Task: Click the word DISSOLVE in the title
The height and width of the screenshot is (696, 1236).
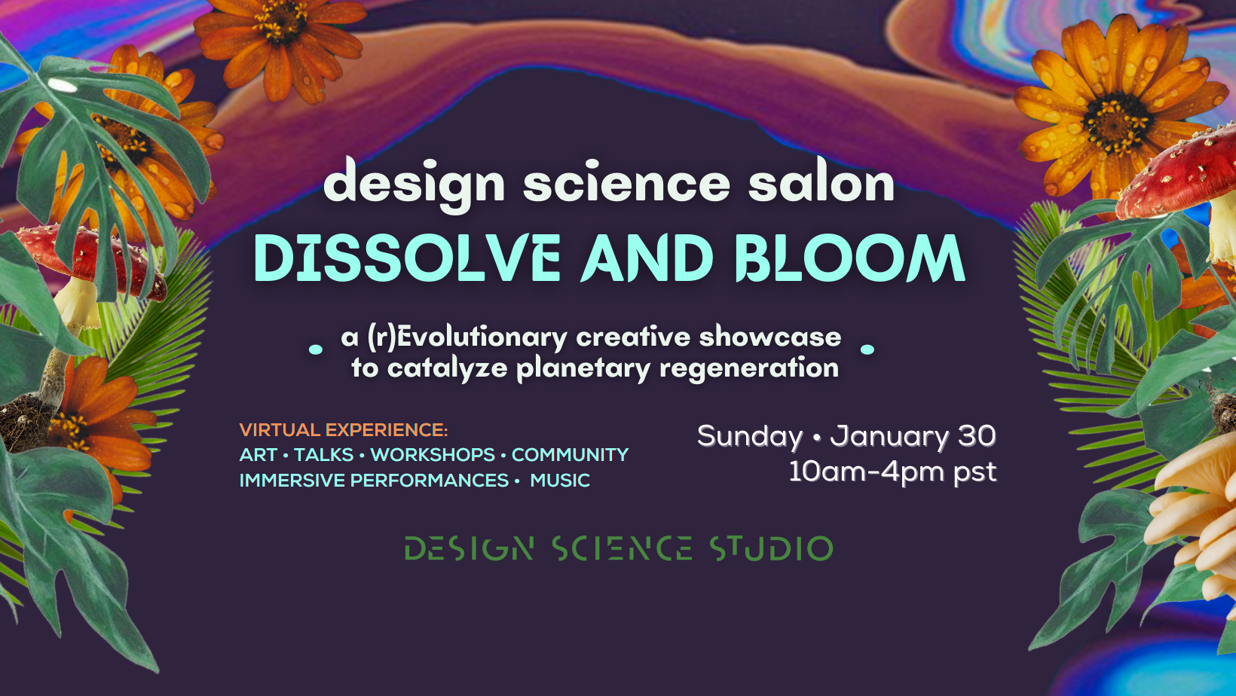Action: point(407,258)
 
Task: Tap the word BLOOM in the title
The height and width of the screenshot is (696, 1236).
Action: point(850,258)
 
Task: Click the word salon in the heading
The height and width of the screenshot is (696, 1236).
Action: point(821,183)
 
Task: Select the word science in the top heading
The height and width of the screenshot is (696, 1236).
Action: point(626,183)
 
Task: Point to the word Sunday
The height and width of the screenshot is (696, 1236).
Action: point(750,436)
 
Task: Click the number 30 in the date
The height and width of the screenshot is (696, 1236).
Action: point(977,435)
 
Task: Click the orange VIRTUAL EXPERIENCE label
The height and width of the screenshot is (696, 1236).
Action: point(343,430)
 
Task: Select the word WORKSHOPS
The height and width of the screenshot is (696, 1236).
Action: point(433,455)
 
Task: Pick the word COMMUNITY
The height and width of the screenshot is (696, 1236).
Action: point(570,455)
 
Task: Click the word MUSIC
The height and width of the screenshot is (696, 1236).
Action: point(560,481)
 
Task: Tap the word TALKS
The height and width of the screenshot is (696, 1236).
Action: point(323,455)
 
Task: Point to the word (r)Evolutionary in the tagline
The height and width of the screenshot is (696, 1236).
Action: point(467,337)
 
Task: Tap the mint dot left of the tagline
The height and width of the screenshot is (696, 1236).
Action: point(317,350)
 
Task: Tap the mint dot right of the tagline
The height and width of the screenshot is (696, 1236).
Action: point(867,350)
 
